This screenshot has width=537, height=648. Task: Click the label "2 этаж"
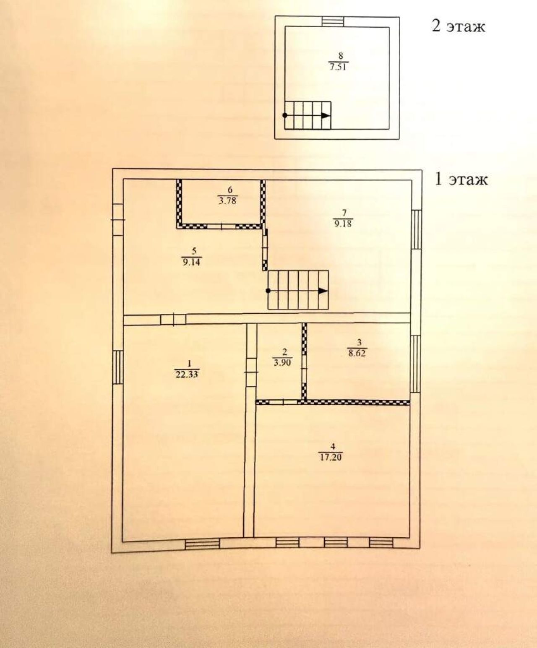coord(458,26)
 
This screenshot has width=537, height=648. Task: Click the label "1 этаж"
coord(461,180)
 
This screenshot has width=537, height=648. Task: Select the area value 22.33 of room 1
coord(187,374)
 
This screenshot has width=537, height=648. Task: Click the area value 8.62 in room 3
coord(357,353)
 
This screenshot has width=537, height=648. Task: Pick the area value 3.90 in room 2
coord(282,362)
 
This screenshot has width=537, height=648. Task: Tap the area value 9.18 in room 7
coord(343,224)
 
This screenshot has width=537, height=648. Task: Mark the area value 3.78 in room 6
coord(227,201)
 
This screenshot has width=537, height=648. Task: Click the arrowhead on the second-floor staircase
coord(325,116)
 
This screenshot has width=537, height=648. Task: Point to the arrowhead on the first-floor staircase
coord(323,291)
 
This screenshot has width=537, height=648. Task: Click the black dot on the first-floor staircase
coord(268,291)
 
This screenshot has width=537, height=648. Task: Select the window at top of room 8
coord(332,22)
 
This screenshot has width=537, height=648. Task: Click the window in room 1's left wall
coord(117,367)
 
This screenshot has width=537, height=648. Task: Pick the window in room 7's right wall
coord(416,229)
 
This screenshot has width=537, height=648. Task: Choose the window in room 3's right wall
coord(415,364)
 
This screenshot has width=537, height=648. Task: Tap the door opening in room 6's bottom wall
coord(222,226)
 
